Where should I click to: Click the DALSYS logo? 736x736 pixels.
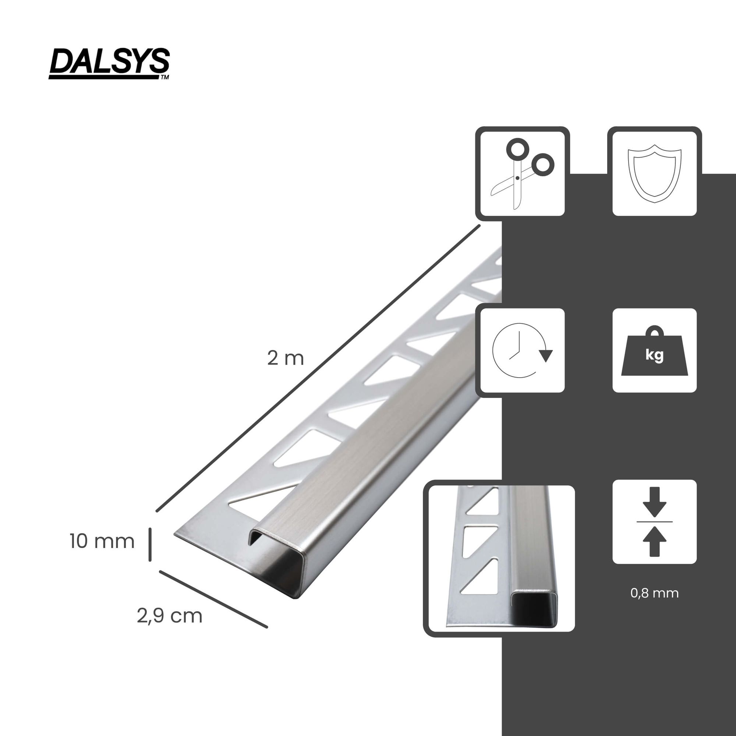click(x=109, y=63)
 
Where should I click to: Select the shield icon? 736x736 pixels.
click(x=654, y=173)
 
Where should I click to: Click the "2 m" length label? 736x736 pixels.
click(x=285, y=358)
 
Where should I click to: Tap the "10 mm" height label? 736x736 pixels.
click(x=102, y=541)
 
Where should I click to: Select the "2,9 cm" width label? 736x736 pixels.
click(x=170, y=616)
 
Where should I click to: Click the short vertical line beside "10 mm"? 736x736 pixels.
click(x=150, y=544)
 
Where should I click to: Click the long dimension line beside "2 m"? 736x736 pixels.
click(x=318, y=368)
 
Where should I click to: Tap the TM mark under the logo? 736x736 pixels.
click(x=164, y=77)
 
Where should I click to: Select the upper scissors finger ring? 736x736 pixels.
click(x=517, y=149)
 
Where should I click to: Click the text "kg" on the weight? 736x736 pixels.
click(x=654, y=355)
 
